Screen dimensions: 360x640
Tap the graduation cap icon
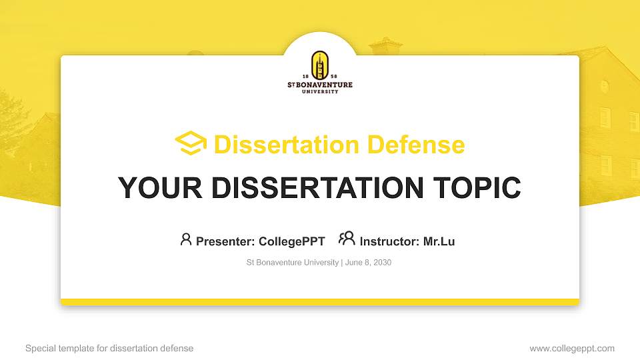[191, 143]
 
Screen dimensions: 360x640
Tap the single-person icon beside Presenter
[186, 239]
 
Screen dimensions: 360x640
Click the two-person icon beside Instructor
[347, 239]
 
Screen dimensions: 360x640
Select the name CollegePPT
[291, 241]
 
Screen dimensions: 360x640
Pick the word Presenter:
[225, 241]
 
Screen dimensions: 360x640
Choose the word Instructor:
[390, 241]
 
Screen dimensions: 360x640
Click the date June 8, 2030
[368, 263]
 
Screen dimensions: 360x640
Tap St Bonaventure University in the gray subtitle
[292, 263]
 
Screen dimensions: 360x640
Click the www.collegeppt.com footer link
[571, 348]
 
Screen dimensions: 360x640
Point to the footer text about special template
[109, 348]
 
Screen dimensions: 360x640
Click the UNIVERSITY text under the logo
[320, 91]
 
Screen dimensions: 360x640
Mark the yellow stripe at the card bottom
[320, 302]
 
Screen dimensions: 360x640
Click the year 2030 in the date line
[382, 263]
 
